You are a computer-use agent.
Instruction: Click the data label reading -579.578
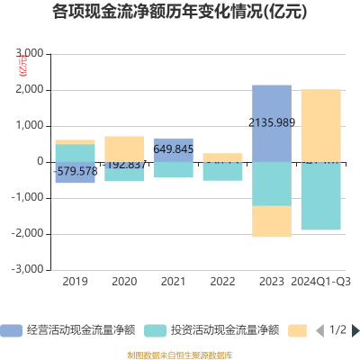click(76, 170)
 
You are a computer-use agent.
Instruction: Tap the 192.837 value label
click(125, 165)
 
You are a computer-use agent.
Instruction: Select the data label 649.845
click(173, 148)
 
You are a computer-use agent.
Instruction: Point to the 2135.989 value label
click(271, 123)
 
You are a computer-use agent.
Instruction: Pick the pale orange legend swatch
click(297, 330)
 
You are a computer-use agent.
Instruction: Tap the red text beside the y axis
click(23, 65)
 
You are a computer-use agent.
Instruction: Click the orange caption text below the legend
click(180, 354)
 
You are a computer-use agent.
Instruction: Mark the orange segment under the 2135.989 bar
click(271, 220)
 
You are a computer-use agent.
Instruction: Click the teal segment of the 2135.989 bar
click(271, 184)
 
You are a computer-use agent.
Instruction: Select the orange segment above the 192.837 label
click(125, 147)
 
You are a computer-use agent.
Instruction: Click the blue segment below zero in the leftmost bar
click(76, 177)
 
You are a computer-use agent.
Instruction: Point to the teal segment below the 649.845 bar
click(173, 170)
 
